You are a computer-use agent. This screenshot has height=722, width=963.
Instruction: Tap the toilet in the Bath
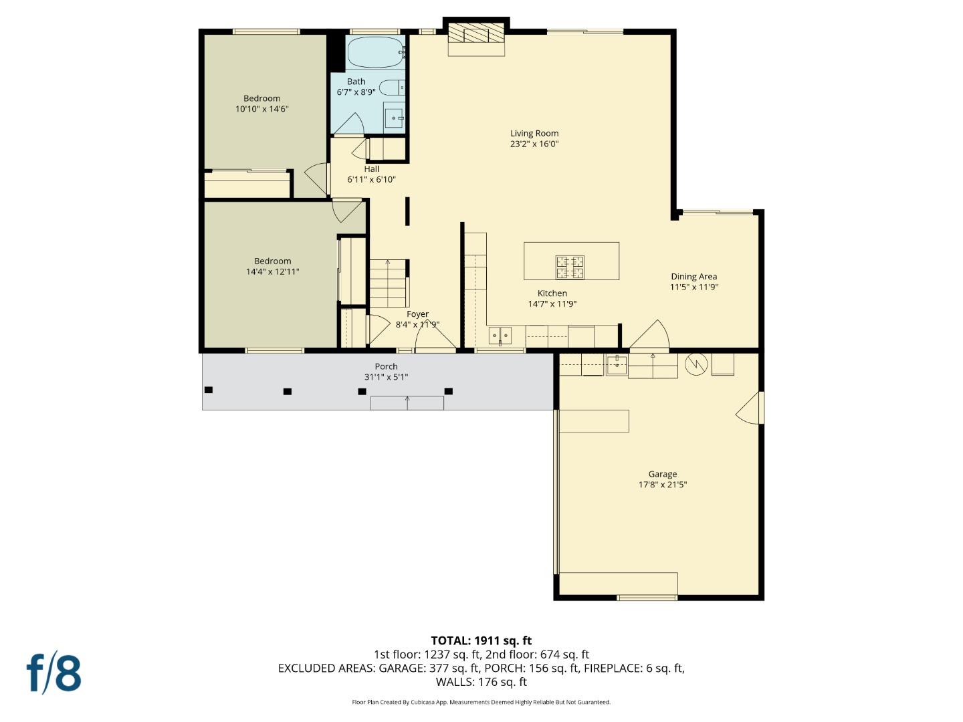(x=392, y=88)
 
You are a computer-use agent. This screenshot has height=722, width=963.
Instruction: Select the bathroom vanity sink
(x=393, y=118)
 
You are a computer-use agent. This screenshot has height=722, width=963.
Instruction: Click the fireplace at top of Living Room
(x=476, y=35)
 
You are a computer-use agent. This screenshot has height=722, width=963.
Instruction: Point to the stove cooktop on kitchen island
(x=570, y=266)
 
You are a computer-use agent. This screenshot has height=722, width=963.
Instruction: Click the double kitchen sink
(x=500, y=335)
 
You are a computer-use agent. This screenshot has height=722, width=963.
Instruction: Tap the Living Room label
(x=534, y=133)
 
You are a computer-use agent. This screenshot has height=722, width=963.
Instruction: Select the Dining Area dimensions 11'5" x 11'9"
(x=693, y=287)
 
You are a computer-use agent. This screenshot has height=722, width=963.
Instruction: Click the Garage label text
(x=662, y=474)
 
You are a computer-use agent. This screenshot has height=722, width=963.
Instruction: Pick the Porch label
(x=386, y=366)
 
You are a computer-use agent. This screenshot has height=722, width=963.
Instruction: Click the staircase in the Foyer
(x=389, y=283)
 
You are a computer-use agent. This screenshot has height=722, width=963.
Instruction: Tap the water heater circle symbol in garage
(x=696, y=365)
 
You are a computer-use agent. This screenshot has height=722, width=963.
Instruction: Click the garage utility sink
(x=616, y=364)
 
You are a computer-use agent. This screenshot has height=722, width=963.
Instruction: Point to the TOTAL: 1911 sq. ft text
(x=481, y=640)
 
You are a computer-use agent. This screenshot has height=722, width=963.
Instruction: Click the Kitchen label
(x=552, y=293)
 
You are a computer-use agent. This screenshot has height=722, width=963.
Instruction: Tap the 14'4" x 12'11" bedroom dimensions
(x=272, y=272)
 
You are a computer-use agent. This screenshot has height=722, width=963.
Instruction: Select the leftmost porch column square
(x=209, y=390)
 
